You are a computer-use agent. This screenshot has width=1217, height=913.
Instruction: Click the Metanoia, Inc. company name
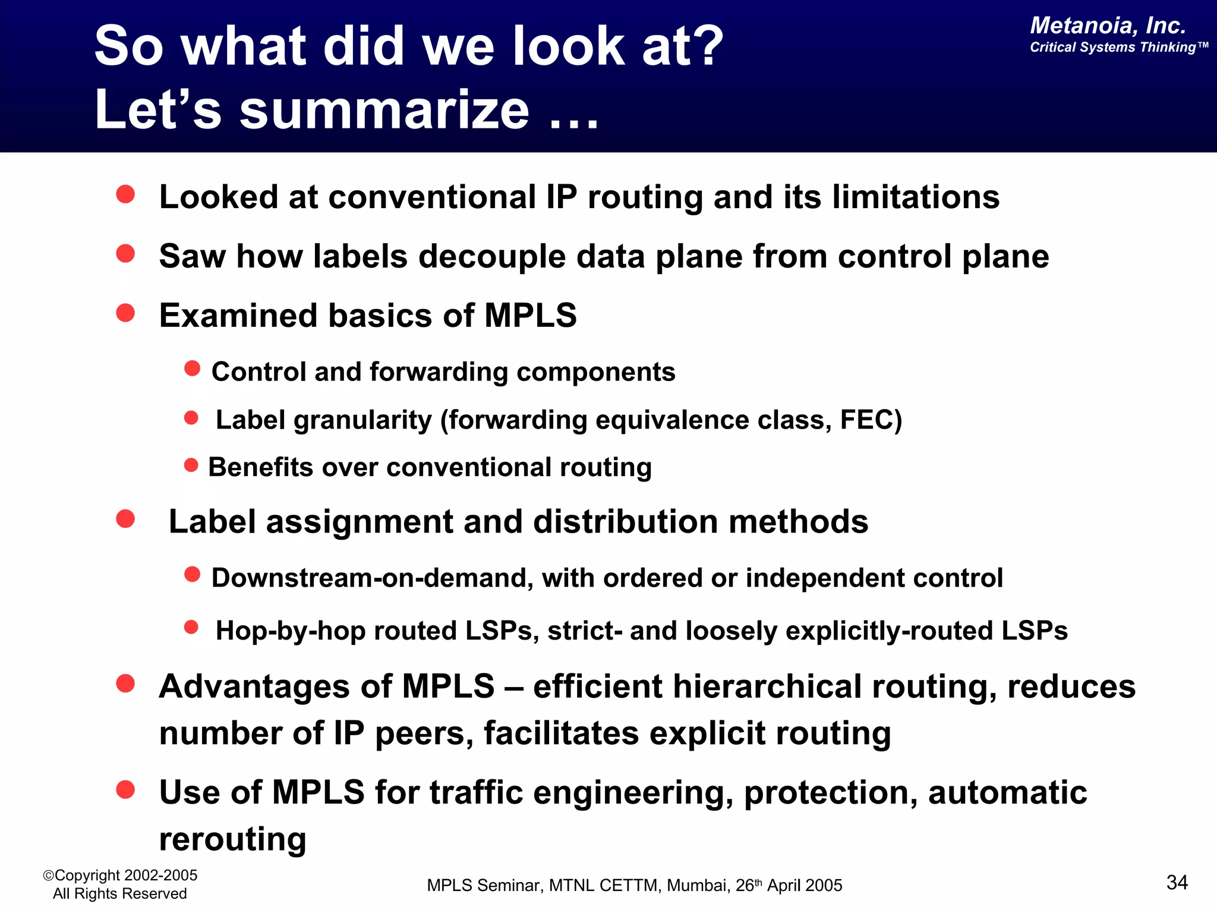[1108, 26]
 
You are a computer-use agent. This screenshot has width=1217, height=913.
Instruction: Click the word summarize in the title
[384, 110]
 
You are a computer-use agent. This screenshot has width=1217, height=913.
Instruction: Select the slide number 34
[1177, 882]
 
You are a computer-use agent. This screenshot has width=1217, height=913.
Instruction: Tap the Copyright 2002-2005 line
[121, 875]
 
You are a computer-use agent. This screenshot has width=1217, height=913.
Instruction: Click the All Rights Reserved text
[119, 893]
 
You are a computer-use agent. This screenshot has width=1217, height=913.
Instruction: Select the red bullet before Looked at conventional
[125, 194]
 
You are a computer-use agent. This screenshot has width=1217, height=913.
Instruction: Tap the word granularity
[362, 420]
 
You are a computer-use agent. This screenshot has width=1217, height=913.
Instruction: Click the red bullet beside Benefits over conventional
[191, 465]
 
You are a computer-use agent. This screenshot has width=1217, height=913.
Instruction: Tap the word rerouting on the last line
[233, 839]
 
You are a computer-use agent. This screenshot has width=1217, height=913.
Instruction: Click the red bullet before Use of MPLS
[125, 789]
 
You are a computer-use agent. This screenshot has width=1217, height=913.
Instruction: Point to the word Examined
[238, 316]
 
